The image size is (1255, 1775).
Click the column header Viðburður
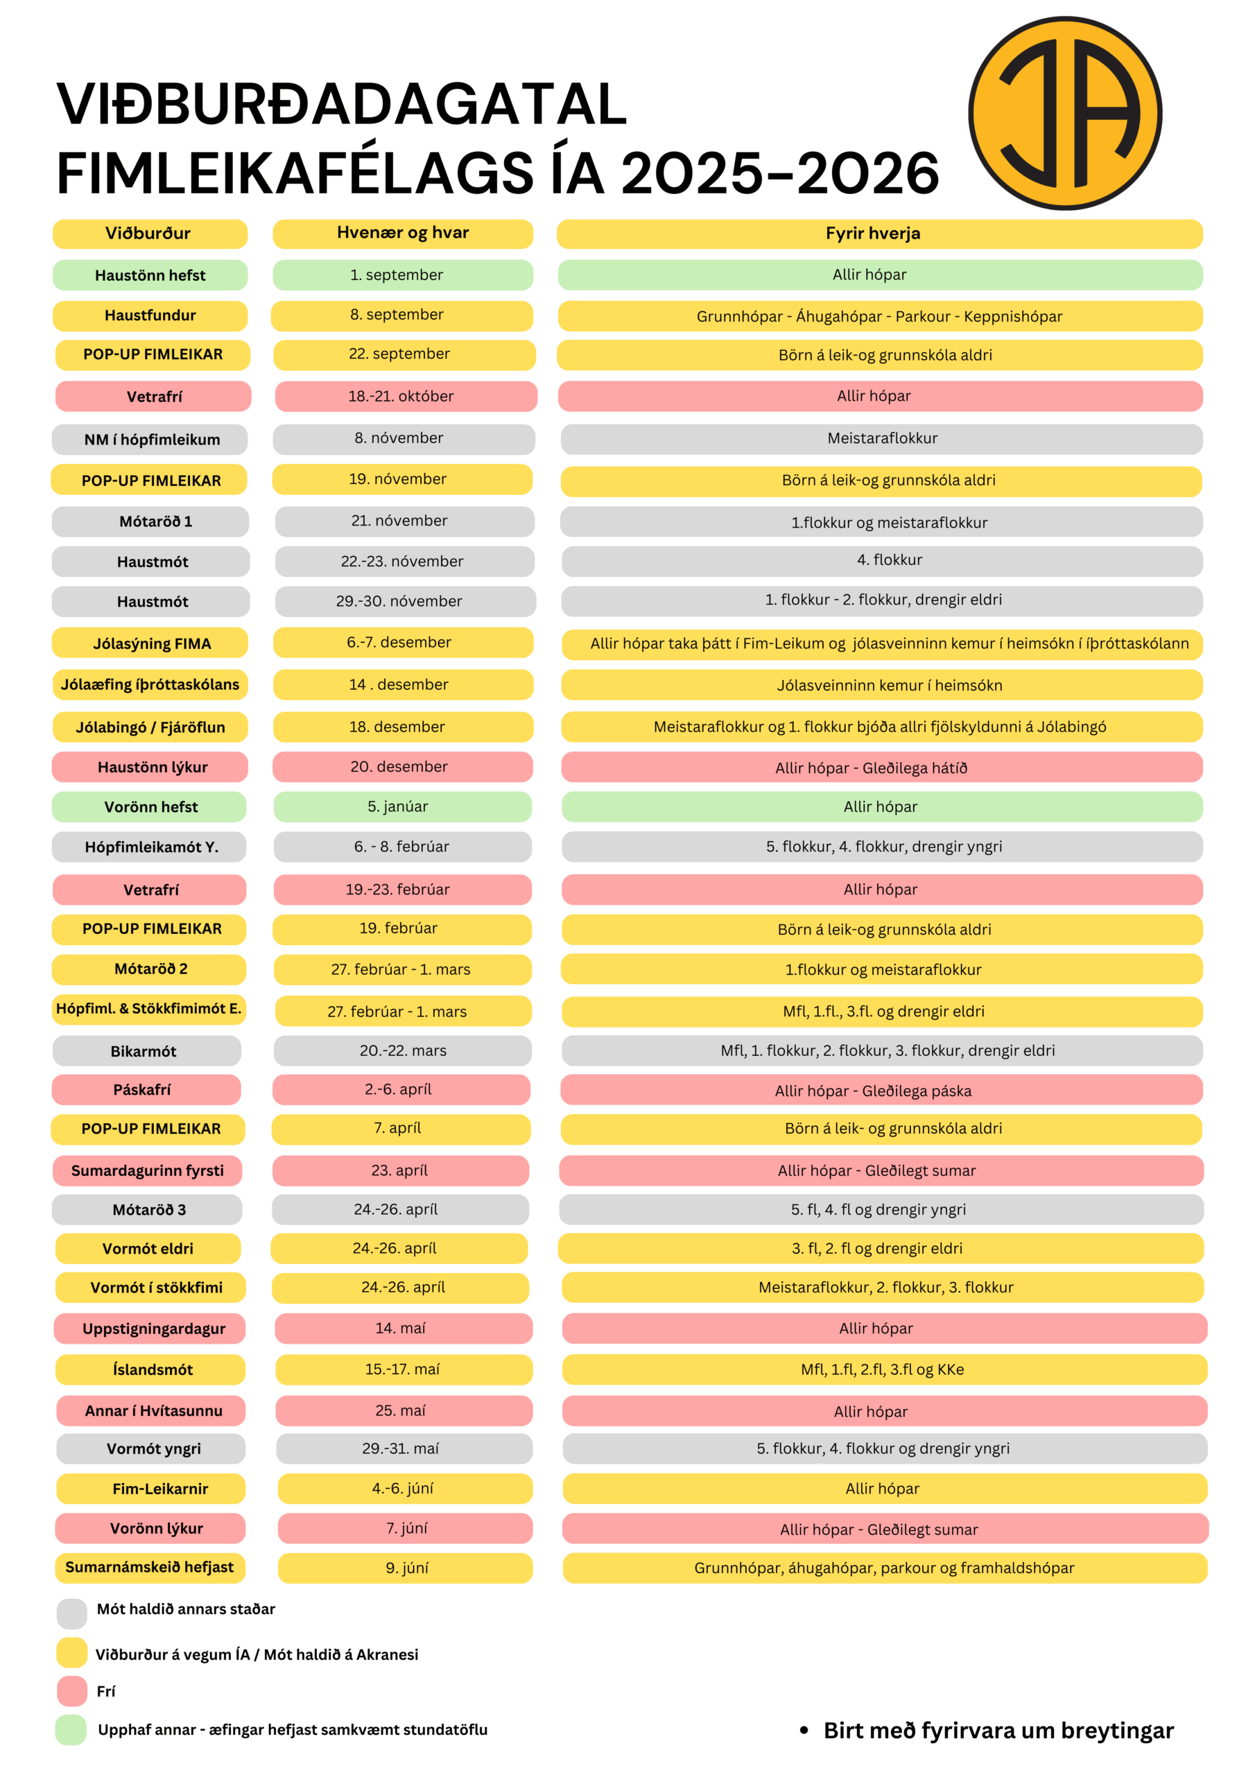tap(149, 234)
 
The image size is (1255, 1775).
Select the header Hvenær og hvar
tap(402, 234)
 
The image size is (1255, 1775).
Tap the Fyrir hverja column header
tap(879, 234)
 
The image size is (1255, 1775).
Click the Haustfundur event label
tap(150, 315)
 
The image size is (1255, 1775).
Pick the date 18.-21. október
tap(405, 396)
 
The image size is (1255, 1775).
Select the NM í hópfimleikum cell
tap(150, 439)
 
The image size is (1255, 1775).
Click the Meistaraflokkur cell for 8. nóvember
tap(881, 438)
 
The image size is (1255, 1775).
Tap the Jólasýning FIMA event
tap(150, 643)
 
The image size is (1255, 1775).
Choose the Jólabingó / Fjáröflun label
tap(150, 727)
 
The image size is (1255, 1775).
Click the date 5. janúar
tap(402, 806)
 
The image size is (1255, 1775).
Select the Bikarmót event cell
tap(146, 1050)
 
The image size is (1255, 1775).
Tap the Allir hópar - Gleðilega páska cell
tap(881, 1090)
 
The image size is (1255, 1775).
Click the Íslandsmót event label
tap(150, 1369)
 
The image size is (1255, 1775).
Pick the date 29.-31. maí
tap(404, 1448)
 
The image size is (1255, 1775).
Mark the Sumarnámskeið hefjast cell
tap(150, 1567)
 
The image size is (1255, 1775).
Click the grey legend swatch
tap(71, 1613)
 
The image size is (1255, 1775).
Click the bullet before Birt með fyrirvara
tap(804, 1730)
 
